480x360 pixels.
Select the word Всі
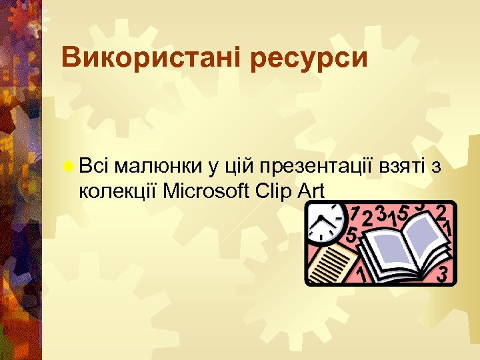point(93,166)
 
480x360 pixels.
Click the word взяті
point(405,167)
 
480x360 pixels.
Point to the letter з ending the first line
point(435,167)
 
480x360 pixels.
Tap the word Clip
point(274,191)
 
